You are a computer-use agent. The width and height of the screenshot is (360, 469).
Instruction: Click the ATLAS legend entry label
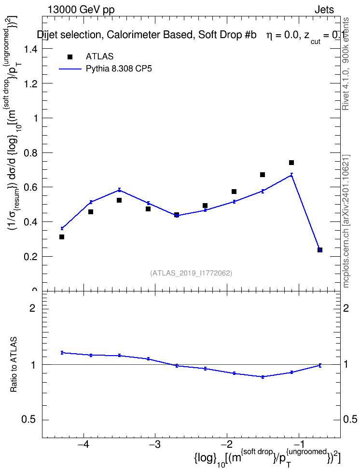pyautogui.click(x=99, y=56)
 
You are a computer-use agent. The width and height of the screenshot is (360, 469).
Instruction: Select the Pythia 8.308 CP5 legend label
pyautogui.click(x=119, y=69)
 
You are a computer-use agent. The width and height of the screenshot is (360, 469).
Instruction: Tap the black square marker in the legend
pyautogui.click(x=70, y=57)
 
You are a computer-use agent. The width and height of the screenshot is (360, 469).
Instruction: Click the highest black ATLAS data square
pyautogui.click(x=291, y=163)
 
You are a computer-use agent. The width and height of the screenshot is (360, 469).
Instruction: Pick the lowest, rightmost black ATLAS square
pyautogui.click(x=320, y=250)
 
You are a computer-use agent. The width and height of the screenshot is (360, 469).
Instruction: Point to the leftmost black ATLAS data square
pyautogui.click(x=62, y=237)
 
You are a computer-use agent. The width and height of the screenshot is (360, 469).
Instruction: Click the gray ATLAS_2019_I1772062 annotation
pyautogui.click(x=191, y=273)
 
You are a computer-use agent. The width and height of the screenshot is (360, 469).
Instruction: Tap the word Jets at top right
pyautogui.click(x=324, y=10)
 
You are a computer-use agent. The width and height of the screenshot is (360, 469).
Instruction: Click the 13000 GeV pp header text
pyautogui.click(x=81, y=10)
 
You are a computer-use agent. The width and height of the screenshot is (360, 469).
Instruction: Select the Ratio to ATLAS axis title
pyautogui.click(x=14, y=365)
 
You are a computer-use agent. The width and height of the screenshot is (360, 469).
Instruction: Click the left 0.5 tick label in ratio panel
pyautogui.click(x=29, y=420)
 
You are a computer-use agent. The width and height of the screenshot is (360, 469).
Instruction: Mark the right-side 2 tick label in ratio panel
pyautogui.click(x=346, y=308)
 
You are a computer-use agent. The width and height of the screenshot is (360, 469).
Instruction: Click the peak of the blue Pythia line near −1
pyautogui.click(x=291, y=175)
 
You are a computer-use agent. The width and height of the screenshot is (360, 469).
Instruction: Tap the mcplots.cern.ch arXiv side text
pyautogui.click(x=346, y=221)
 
